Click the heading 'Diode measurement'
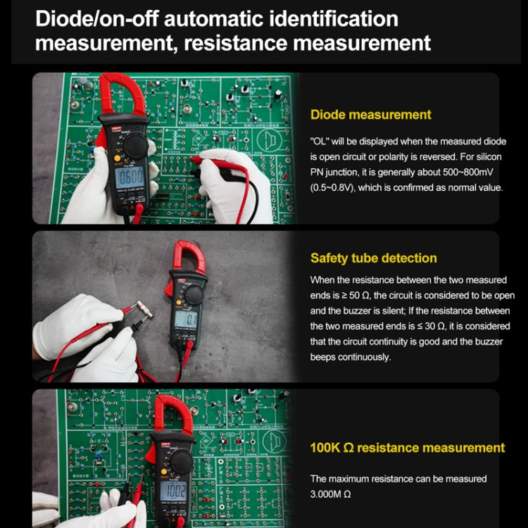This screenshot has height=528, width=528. click(370, 114)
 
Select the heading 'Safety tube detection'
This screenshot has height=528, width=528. click(373, 258)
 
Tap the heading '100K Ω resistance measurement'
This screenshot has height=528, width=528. click(408, 448)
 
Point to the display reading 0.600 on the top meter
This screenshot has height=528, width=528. click(130, 175)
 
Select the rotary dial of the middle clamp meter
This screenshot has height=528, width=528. click(194, 295)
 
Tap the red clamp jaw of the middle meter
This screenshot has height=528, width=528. click(190, 258)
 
